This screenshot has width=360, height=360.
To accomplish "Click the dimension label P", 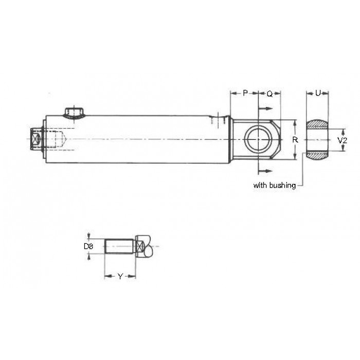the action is pyautogui.click(x=245, y=93).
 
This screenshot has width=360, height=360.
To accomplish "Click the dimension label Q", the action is pyautogui.click(x=270, y=94).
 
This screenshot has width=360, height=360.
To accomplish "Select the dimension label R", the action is pyautogui.click(x=295, y=139).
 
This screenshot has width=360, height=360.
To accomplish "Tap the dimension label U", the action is pyautogui.click(x=318, y=93).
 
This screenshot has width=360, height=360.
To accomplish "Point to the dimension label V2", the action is pyautogui.click(x=343, y=140).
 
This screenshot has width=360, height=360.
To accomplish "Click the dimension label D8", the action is pyautogui.click(x=88, y=246).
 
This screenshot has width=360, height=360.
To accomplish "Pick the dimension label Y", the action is pyautogui.click(x=120, y=277).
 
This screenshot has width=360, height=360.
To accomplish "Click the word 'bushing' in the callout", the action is pyautogui.click(x=283, y=185).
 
